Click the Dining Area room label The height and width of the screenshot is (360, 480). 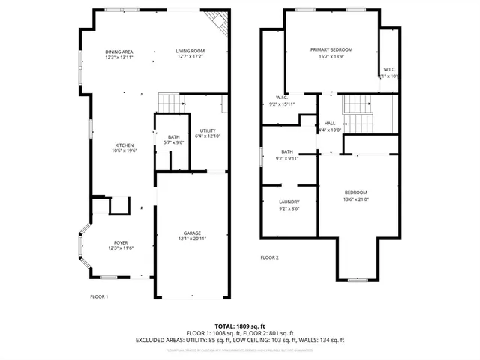(118, 51)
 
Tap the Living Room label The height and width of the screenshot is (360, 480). (190, 51)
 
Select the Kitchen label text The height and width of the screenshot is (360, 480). (124, 145)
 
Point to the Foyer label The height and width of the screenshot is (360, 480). (120, 242)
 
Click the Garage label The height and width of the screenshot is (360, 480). (192, 233)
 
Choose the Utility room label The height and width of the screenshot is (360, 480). (208, 130)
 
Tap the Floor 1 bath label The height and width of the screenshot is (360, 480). (173, 137)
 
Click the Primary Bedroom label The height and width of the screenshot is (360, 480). (331, 49)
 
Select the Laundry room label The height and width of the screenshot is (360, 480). (289, 202)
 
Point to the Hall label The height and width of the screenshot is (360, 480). (329, 124)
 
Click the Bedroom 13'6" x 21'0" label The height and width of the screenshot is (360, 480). (355, 192)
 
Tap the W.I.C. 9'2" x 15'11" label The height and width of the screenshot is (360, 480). (283, 97)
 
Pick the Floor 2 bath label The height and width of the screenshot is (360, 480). (287, 151)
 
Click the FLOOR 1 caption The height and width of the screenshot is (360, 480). (99, 296)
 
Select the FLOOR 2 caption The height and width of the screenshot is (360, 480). (269, 257)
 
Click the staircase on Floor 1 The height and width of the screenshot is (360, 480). (170, 103)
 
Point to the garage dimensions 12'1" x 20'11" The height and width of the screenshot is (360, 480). (192, 238)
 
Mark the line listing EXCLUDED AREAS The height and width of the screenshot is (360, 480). (240, 340)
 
